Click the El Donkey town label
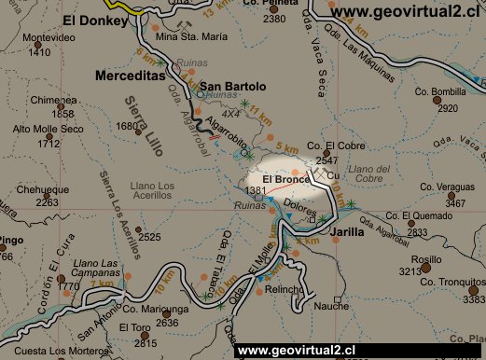93,19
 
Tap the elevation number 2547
326,160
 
